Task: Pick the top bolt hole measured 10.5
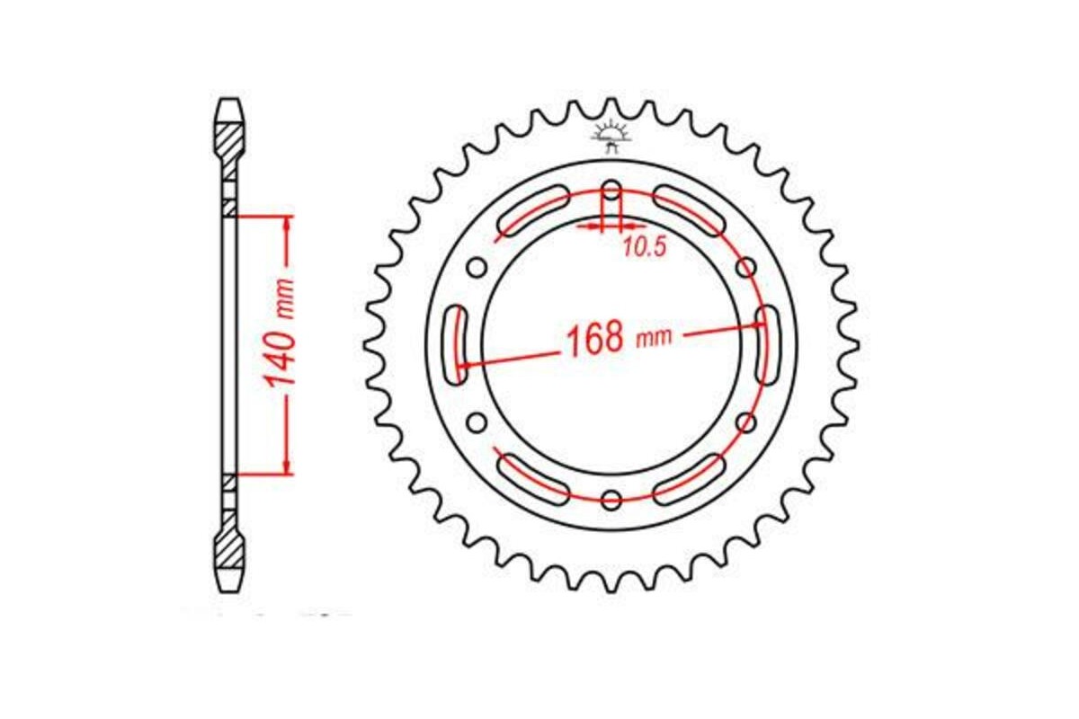611,191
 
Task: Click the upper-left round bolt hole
477,267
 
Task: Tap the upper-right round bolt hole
745,267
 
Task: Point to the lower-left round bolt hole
477,422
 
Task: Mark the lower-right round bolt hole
745,422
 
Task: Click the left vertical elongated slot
459,344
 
